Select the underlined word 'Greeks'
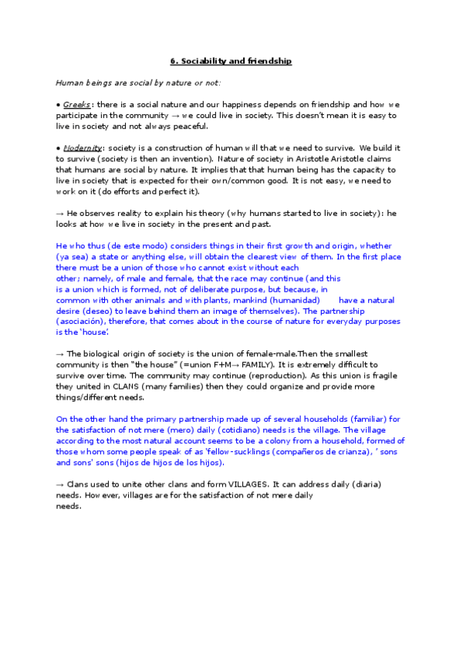(x=76, y=104)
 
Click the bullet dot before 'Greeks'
(x=59, y=104)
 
